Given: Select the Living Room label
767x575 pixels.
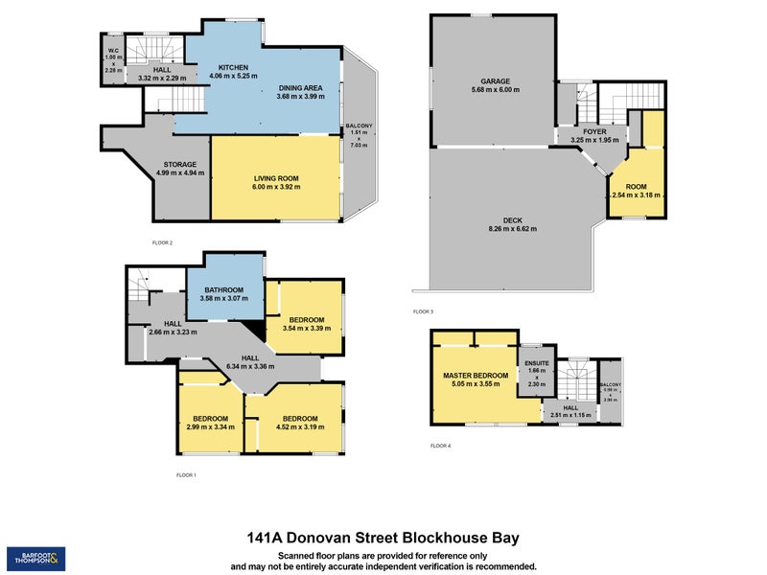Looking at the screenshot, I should coord(276,179).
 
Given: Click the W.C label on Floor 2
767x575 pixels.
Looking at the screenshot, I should coord(112,50).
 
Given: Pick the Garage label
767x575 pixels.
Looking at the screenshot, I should coord(495,81).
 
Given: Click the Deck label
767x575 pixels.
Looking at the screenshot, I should coord(513,219).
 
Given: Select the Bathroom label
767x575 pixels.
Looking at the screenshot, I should coord(222,290).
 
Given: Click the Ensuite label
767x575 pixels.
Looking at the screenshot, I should coord(535,363).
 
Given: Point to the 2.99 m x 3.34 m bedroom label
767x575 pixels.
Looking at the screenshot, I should coord(209,419).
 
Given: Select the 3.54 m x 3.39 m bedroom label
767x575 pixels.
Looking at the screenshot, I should coord(307,320).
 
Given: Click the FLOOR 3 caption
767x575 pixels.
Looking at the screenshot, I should coord(423,311).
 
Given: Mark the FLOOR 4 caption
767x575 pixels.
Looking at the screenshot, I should coord(440,446).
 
